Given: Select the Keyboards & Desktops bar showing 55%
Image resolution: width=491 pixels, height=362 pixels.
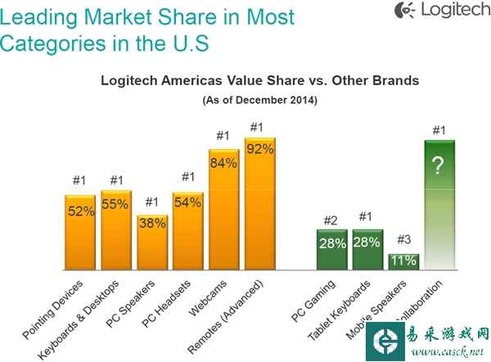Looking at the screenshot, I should pos(115,230).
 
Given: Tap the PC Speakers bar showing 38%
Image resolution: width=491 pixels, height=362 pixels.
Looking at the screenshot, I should pos(151,242).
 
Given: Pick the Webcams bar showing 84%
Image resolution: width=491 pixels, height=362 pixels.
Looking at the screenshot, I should pos(223,210).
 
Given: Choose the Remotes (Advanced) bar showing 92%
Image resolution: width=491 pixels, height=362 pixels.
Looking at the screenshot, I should pos(260,204).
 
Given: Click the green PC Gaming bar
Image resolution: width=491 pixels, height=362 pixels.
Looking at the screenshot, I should pos(331,249).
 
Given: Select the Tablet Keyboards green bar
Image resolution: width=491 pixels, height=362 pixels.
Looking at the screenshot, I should pos(367,249).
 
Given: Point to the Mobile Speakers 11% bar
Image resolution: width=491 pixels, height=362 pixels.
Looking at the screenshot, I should pos(403,261).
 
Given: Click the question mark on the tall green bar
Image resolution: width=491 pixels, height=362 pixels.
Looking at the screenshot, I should pos(438,166).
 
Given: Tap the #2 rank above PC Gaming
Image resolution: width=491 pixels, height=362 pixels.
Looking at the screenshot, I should pos(331,219).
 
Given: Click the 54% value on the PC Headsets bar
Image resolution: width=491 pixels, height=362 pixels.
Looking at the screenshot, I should pos(187,202).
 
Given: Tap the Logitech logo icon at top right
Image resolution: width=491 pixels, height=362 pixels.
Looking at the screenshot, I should pos(403,11).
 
